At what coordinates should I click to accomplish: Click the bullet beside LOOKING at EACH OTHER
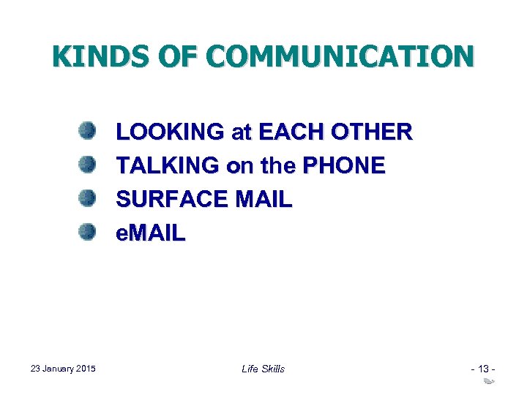pyautogui.click(x=88, y=132)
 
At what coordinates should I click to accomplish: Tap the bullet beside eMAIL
pyautogui.click(x=88, y=233)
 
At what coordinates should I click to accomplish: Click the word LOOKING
pyautogui.click(x=171, y=132)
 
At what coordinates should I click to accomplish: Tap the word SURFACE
pyautogui.click(x=173, y=200)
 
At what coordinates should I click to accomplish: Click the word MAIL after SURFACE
pyautogui.click(x=264, y=200)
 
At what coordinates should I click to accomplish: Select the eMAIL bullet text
pyautogui.click(x=152, y=233)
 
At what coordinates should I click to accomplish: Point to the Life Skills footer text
pyautogui.click(x=263, y=369)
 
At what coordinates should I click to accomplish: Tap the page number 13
pyautogui.click(x=483, y=369)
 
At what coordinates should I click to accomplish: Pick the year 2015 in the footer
pyautogui.click(x=86, y=369)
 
